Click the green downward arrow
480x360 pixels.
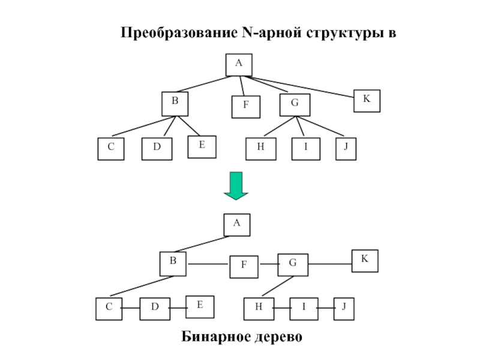coord(236,185)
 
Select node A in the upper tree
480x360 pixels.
coord(239,65)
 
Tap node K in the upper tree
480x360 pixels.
coord(367,100)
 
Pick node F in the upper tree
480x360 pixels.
coord(246,107)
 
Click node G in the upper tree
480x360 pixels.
coord(294,104)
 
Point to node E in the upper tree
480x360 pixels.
coord(202,146)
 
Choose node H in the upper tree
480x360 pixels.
coord(261,149)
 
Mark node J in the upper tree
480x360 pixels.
coord(346,149)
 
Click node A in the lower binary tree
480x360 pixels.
coord(237,224)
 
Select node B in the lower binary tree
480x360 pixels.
coord(173,263)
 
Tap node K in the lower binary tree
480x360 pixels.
coord(365,261)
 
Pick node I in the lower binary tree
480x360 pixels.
coord(304,308)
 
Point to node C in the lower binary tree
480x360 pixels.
coord(109,308)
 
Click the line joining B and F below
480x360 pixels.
coord(208,265)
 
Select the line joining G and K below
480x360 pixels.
coord(329,263)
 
